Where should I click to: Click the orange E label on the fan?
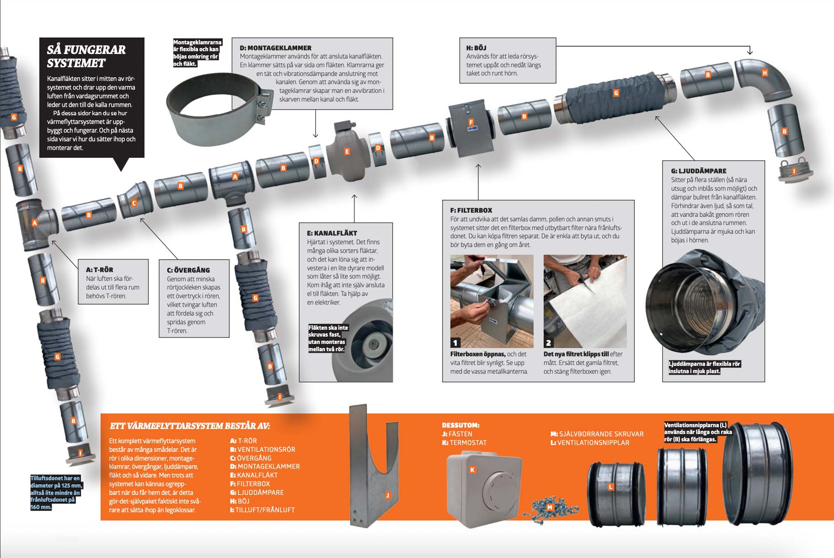(347, 151)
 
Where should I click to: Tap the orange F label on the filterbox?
(471, 122)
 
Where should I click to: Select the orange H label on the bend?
(764, 73)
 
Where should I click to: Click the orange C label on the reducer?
(134, 203)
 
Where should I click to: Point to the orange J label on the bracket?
(388, 495)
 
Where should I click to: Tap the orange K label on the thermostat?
(472, 470)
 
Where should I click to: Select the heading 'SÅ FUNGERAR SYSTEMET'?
(86, 56)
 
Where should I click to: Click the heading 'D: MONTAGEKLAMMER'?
(275, 48)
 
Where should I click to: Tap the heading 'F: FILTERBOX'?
(471, 210)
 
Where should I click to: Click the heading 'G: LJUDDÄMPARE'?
(699, 171)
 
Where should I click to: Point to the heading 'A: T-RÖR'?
(100, 270)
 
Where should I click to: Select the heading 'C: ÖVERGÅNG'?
(188, 270)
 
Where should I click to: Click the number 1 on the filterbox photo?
(455, 343)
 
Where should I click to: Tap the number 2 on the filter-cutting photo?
(548, 343)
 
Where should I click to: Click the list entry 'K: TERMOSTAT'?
(464, 443)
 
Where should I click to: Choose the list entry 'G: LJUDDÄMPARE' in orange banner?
(257, 493)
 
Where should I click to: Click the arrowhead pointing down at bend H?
(750, 53)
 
